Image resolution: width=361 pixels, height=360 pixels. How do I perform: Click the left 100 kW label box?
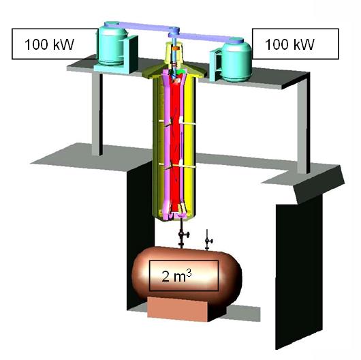tap(54, 44)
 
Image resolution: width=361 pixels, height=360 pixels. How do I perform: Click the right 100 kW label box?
tap(296, 44)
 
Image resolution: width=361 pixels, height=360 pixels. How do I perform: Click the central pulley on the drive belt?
tap(174, 32)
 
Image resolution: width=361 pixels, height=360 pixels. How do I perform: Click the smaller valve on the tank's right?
tap(208, 241)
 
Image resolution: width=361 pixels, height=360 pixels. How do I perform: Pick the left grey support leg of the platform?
tap(97, 114)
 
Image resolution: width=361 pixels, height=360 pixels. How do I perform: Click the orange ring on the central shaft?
tap(176, 48)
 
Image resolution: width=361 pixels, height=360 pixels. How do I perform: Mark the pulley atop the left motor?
tap(112, 24)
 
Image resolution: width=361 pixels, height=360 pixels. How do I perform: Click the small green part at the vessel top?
tap(180, 72)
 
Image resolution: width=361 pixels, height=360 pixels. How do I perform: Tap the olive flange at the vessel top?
tap(174, 72)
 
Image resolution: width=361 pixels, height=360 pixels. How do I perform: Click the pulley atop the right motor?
tap(236, 40)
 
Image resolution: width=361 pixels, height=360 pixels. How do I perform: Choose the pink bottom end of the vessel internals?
tap(176, 215)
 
